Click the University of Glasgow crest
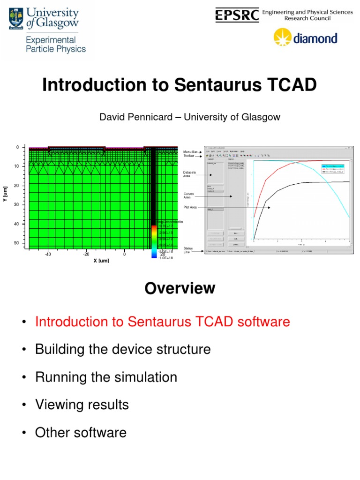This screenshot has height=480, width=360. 16,18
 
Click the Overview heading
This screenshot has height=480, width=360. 180,288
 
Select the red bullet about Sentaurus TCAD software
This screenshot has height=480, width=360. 162,322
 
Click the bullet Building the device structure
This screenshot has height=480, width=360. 123,349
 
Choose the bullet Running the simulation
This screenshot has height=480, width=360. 106,377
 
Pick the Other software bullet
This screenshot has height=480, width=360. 81,432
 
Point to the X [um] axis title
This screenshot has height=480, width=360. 101,261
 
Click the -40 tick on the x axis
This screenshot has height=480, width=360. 48,255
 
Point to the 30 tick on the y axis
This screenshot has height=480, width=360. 16,205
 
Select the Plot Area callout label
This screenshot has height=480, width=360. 190,207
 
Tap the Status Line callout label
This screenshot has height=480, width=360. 188,250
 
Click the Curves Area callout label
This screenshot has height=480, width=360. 189,195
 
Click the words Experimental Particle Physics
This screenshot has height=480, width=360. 56,45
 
